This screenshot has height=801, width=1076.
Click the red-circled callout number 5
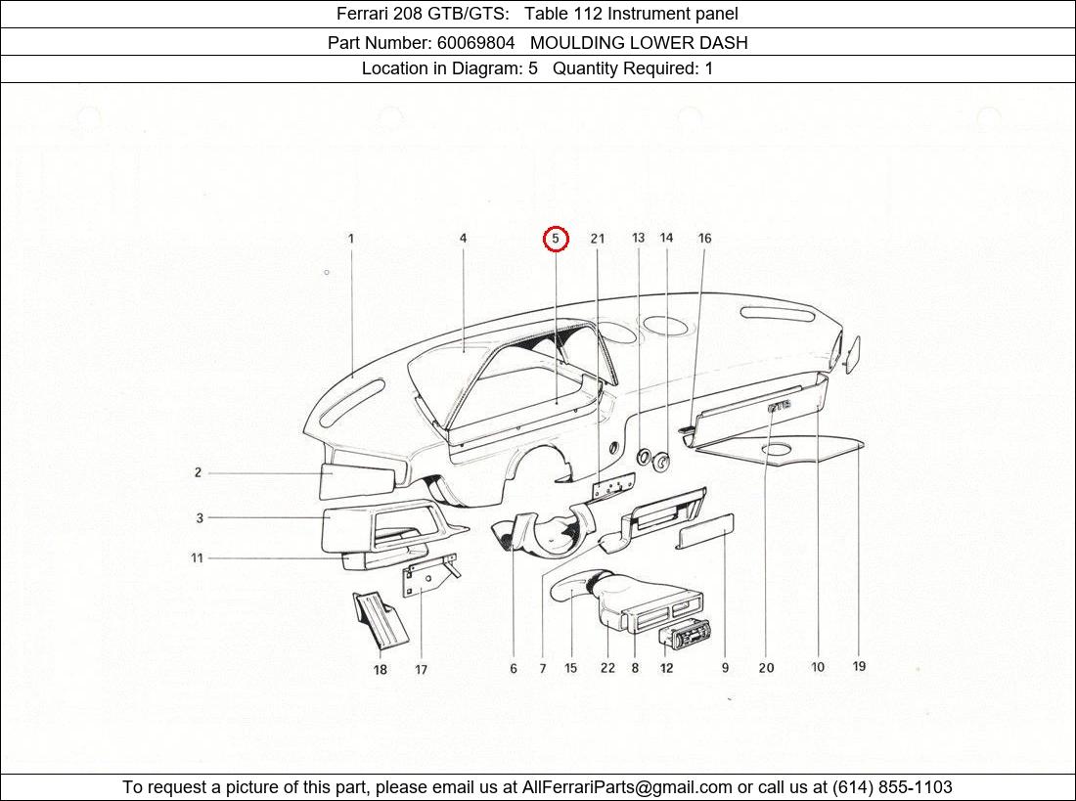point(556,239)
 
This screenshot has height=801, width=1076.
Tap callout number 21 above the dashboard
point(598,239)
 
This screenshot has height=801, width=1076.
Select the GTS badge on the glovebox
point(780,405)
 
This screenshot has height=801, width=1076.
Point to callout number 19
point(859,666)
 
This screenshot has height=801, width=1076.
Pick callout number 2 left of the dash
point(198,472)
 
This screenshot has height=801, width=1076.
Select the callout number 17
point(421,670)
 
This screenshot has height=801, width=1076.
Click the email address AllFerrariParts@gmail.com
point(627,787)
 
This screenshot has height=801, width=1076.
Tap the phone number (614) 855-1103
point(891,787)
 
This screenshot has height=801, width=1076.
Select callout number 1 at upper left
point(351,238)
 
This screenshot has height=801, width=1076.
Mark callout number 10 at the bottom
point(818,667)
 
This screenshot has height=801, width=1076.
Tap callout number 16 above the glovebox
point(704,238)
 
